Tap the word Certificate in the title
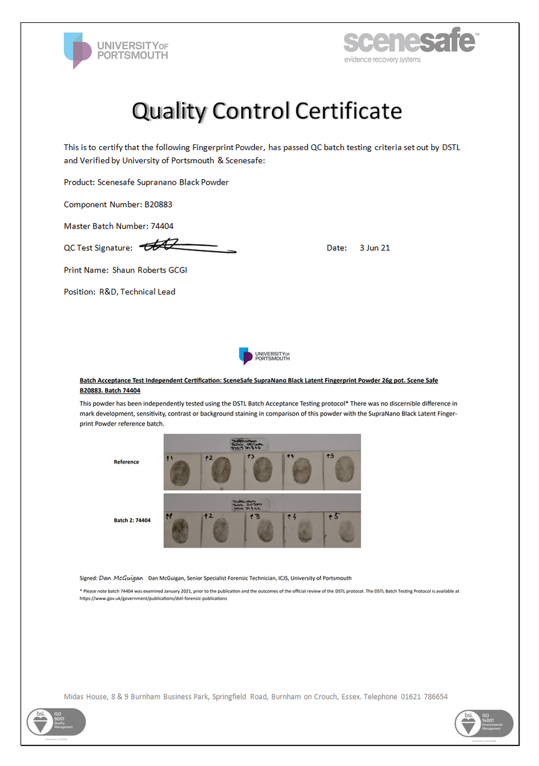click(349, 111)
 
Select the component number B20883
click(158, 205)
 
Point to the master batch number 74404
click(162, 226)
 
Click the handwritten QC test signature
click(187, 246)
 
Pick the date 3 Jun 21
click(374, 248)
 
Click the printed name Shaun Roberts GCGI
click(150, 270)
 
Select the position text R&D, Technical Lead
click(137, 292)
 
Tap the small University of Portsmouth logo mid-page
click(264, 356)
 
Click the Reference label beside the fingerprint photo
click(126, 462)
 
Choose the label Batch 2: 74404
click(132, 520)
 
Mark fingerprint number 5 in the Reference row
click(344, 471)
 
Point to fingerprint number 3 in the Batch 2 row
click(265, 531)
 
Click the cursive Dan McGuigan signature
click(121, 578)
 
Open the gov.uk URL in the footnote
click(153, 599)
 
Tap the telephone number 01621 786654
click(424, 697)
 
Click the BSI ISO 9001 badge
click(56, 722)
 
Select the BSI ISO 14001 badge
click(483, 723)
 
